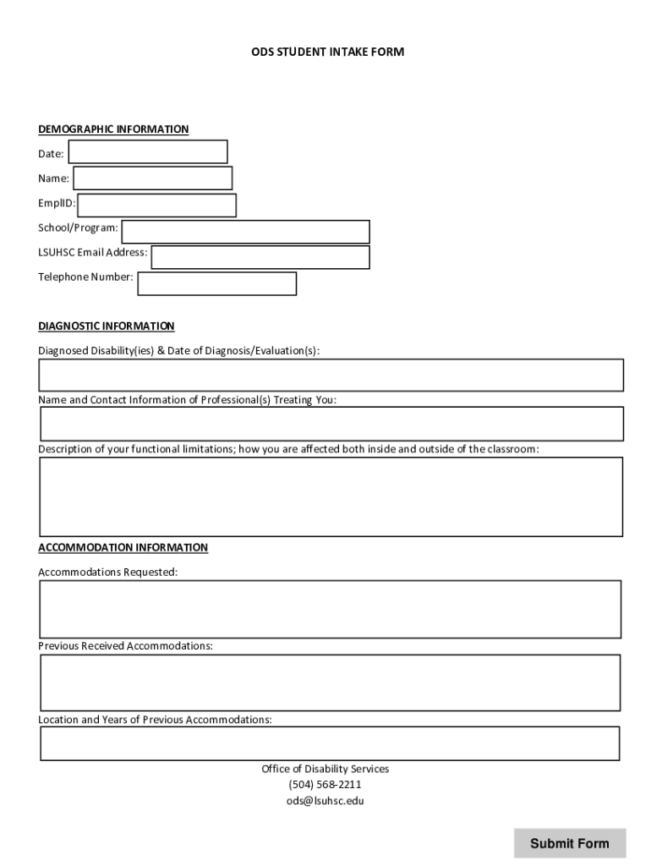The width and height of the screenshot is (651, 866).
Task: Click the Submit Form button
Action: point(570,843)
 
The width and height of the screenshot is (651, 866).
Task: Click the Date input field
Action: point(148,152)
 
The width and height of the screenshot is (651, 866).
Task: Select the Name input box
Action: point(152,178)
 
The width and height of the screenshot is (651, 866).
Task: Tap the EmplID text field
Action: point(157,206)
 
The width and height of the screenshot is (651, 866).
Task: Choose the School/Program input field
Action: point(245,232)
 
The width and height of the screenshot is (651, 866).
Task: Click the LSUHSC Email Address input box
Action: point(260,257)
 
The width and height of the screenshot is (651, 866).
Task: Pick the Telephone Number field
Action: point(217,284)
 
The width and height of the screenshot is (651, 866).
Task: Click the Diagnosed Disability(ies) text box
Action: point(331,375)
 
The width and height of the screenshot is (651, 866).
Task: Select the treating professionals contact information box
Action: point(331,424)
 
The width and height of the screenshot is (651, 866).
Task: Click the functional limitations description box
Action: point(331,497)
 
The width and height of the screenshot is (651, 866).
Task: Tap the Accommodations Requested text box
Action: point(331,609)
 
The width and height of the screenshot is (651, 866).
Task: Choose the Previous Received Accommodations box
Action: point(331,682)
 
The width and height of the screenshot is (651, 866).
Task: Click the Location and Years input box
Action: point(331,743)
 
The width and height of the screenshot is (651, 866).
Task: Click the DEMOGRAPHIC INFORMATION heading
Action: point(113,129)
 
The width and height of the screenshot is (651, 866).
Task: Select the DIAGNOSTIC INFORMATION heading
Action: point(107,326)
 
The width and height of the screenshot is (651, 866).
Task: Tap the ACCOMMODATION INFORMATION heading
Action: point(123,548)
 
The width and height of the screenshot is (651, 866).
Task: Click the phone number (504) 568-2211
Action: point(325,785)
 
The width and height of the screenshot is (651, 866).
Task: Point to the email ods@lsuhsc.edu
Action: point(325,801)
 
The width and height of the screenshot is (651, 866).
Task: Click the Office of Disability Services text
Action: point(325,770)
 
